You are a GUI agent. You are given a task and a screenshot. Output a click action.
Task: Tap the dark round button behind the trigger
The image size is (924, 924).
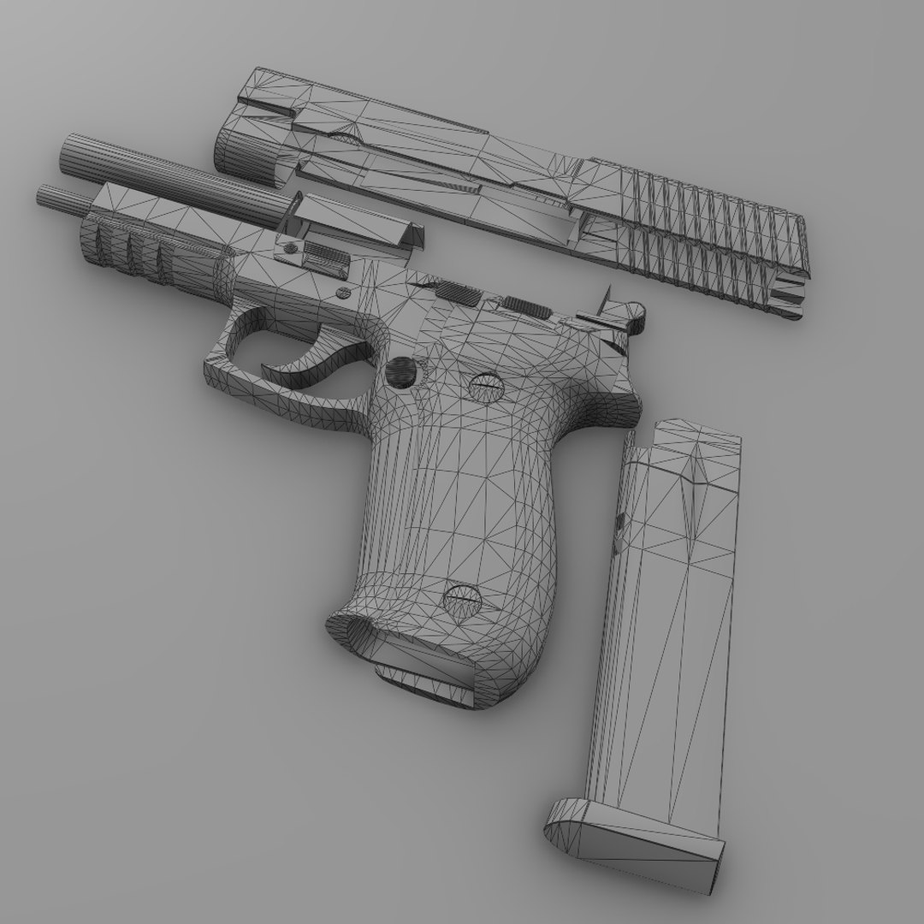coord(400,370)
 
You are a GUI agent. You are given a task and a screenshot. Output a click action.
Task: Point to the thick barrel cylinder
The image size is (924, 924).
coord(171,175)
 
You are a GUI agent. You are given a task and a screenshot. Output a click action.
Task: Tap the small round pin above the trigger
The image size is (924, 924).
coord(344,293)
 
